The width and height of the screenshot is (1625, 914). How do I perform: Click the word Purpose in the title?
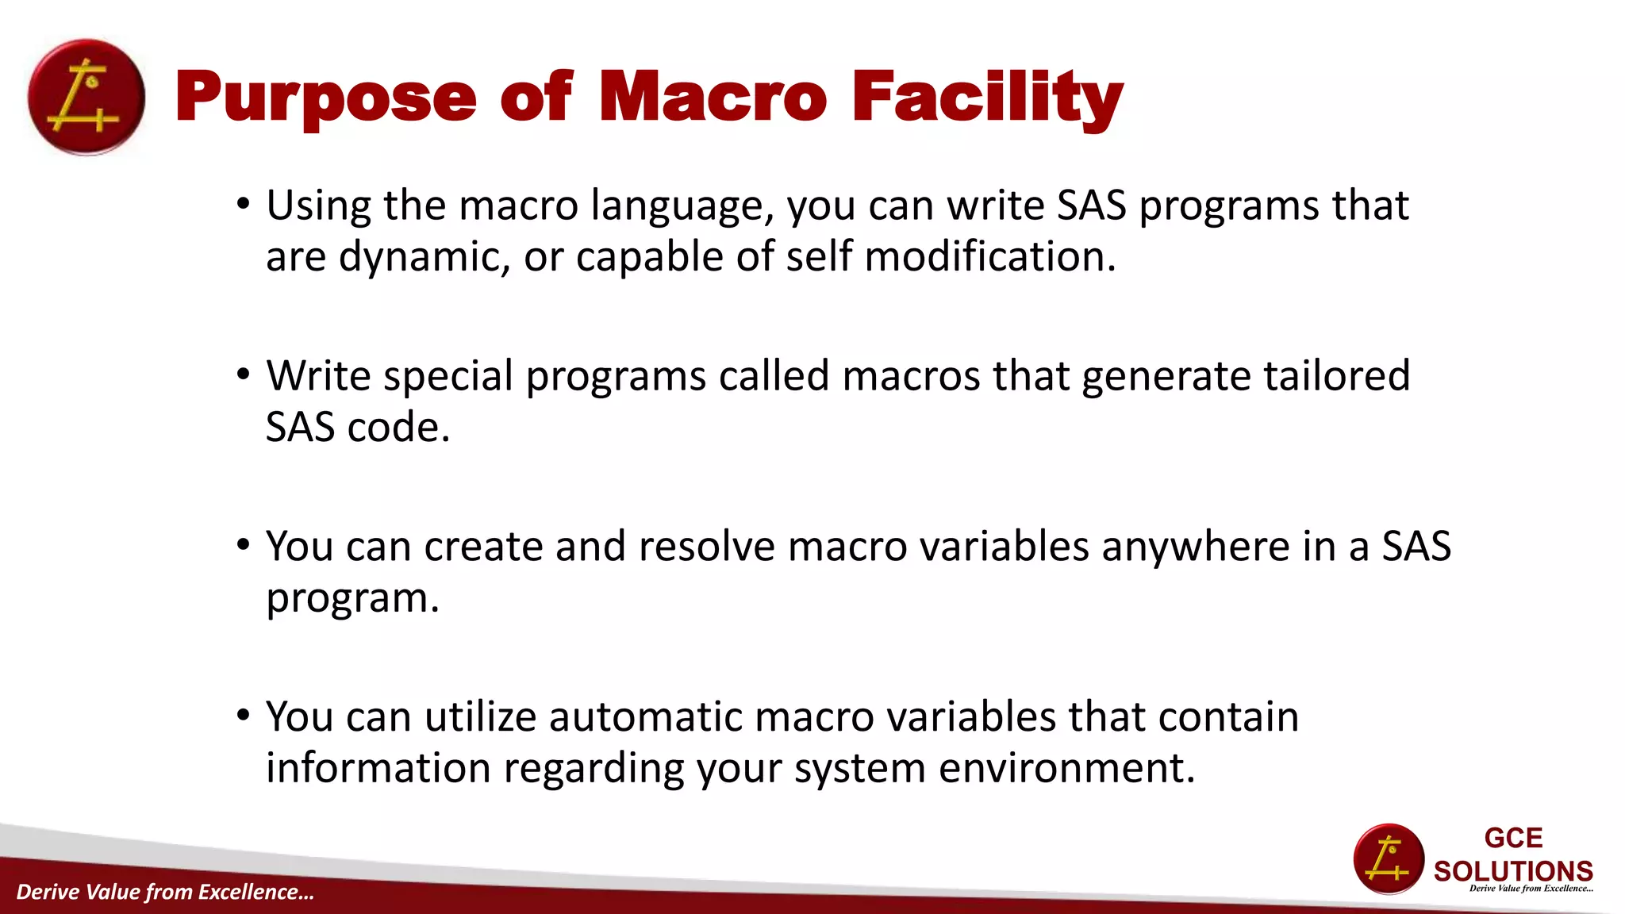click(325, 98)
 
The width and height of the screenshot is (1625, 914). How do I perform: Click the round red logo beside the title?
click(86, 98)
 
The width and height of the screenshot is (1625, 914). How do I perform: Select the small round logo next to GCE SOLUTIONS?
click(1389, 859)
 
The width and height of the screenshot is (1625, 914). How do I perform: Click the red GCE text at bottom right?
click(1513, 838)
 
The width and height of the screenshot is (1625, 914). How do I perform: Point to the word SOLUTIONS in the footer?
click(1513, 871)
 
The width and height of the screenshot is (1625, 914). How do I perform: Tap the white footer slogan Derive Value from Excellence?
click(165, 892)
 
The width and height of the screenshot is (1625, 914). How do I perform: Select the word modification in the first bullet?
click(989, 257)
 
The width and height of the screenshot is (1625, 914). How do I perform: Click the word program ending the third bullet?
click(351, 599)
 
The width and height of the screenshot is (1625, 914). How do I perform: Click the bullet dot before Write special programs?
click(244, 374)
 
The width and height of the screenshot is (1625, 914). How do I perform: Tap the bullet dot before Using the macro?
click(244, 205)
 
